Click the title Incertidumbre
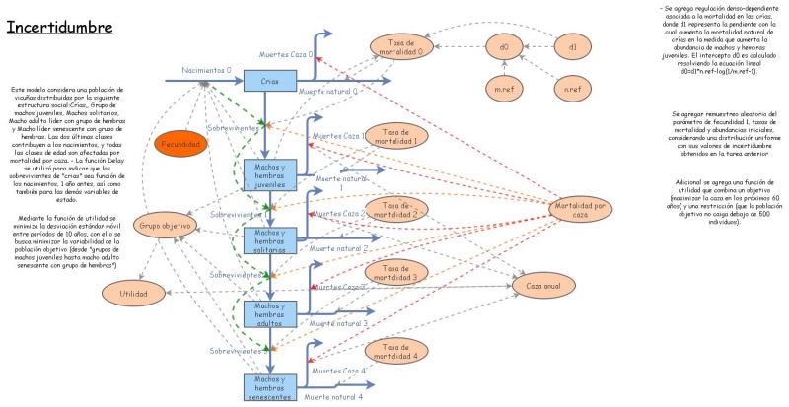click(x=60, y=27)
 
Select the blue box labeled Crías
click(x=270, y=82)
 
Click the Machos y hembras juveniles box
click(x=270, y=174)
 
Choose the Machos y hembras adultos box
click(x=270, y=313)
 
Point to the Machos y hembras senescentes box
click(x=270, y=385)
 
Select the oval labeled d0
click(x=503, y=46)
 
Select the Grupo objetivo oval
click(x=165, y=225)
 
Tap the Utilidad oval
click(x=134, y=293)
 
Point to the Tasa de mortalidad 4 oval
click(x=400, y=352)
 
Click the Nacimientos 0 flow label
click(x=207, y=71)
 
